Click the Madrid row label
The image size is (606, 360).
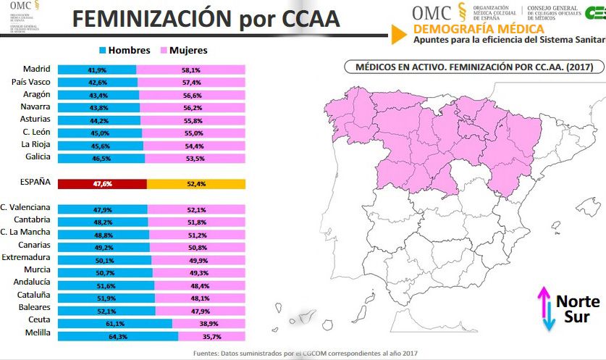(37, 70)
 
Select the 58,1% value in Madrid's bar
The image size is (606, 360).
(191, 70)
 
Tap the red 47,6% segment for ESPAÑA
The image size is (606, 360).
(102, 184)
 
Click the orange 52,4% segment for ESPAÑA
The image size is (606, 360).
(196, 184)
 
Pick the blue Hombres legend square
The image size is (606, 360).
(103, 51)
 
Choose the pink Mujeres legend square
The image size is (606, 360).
(165, 51)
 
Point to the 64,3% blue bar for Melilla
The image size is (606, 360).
(117, 336)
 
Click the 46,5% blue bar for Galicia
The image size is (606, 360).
(101, 157)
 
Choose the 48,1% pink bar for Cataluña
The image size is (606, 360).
(200, 298)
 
